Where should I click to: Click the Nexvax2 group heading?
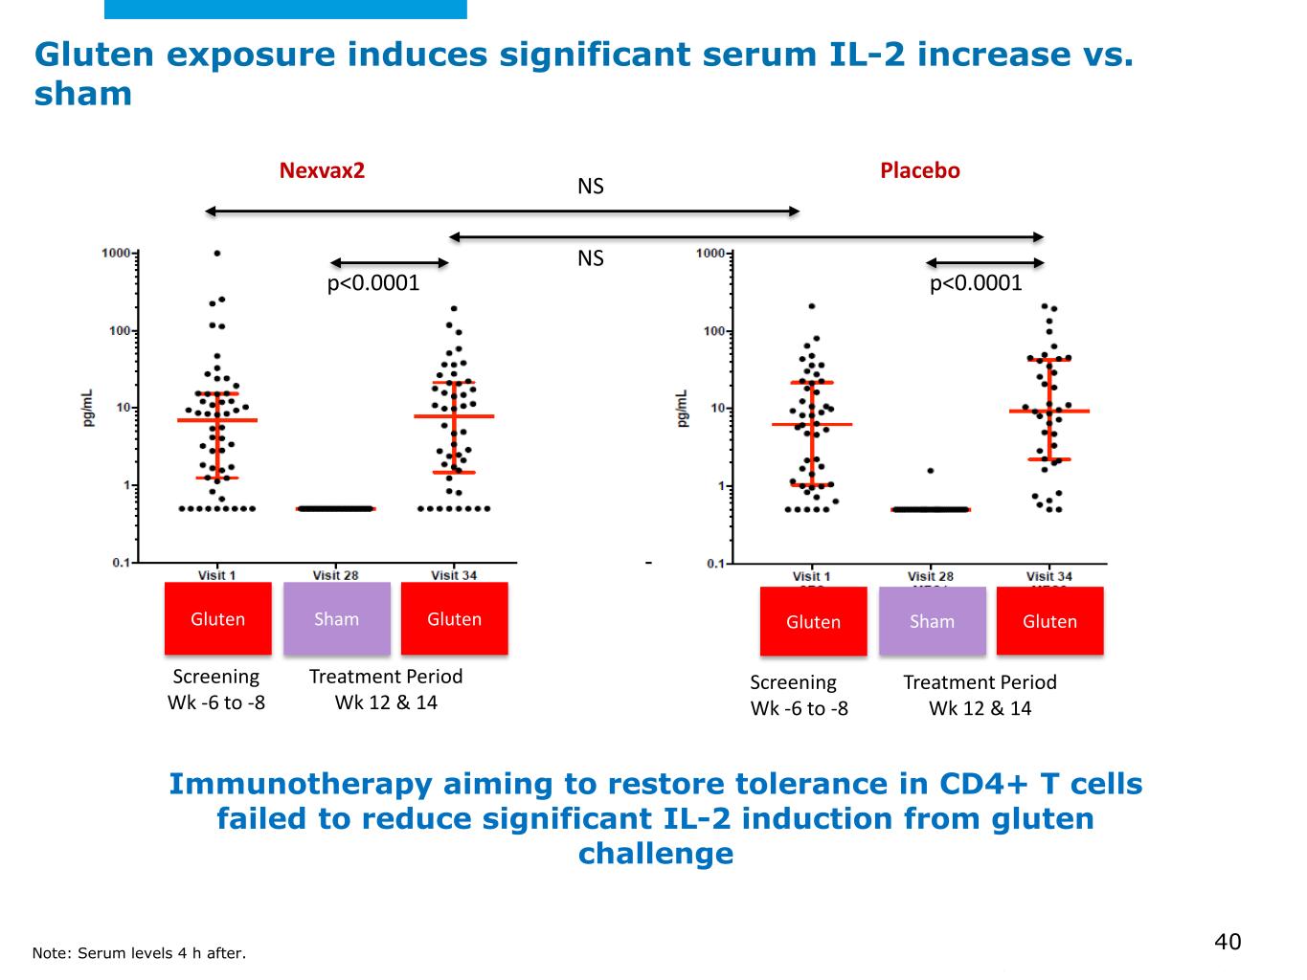[322, 171]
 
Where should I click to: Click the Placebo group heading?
[919, 171]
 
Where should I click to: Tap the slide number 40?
[1227, 942]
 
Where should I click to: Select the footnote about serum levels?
[139, 953]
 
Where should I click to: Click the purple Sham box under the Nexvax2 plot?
[337, 619]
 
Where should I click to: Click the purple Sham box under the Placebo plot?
[932, 622]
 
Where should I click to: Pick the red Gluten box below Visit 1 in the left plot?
[217, 619]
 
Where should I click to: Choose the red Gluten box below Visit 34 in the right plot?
[1049, 622]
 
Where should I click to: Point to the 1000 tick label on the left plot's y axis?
[116, 253]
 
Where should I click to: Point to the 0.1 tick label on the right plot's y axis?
[715, 564]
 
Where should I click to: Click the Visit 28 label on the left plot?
[335, 575]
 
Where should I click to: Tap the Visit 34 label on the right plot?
[1048, 576]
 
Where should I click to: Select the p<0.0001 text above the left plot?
[373, 283]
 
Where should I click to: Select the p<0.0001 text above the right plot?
[976, 283]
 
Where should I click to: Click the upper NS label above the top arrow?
[591, 187]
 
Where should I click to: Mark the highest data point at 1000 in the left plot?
[217, 253]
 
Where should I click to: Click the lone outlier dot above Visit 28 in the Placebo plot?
[930, 471]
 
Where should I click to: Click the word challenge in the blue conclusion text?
[656, 853]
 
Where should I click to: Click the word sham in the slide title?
[83, 94]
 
